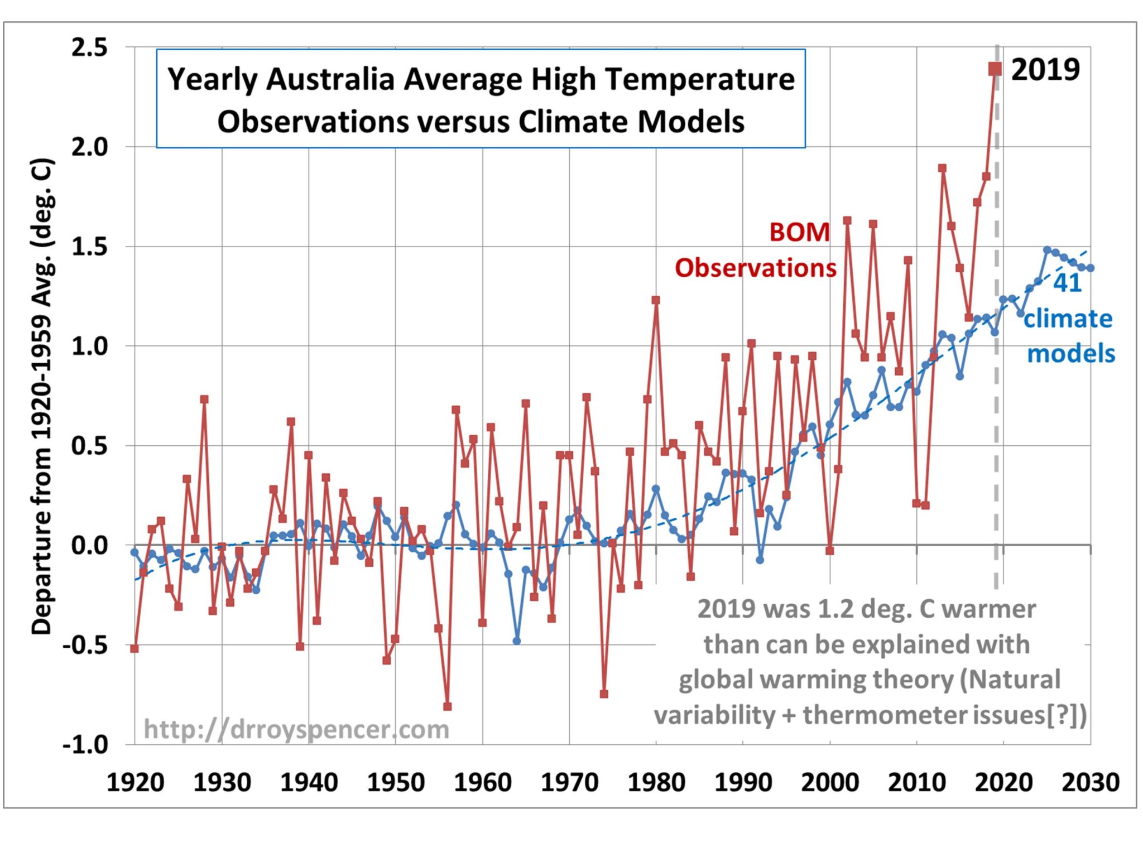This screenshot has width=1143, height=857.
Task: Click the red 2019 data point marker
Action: click(x=995, y=69)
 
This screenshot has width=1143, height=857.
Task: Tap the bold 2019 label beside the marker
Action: click(x=1045, y=70)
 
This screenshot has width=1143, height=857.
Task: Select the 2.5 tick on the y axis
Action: click(x=89, y=47)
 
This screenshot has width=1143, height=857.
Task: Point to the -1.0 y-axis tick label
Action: click(x=85, y=744)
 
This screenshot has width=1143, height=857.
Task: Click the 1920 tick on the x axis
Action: click(x=135, y=782)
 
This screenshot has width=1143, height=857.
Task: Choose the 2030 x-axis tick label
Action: click(x=1090, y=782)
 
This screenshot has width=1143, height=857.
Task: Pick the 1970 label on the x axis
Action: click(x=569, y=782)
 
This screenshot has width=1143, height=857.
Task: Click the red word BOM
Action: click(x=799, y=232)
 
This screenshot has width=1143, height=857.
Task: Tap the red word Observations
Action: click(x=756, y=268)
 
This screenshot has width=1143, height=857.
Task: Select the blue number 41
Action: click(x=1067, y=283)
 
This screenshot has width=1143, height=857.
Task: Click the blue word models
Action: click(x=1070, y=354)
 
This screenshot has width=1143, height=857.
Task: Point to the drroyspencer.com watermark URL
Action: click(x=296, y=729)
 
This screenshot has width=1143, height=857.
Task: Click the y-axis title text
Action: click(x=42, y=396)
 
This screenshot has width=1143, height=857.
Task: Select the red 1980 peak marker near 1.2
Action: click(x=656, y=300)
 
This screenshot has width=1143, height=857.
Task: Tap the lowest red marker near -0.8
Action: click(x=447, y=706)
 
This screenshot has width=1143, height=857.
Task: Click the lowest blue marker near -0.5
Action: click(x=517, y=641)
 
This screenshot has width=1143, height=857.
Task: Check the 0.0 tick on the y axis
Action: click(x=89, y=545)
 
